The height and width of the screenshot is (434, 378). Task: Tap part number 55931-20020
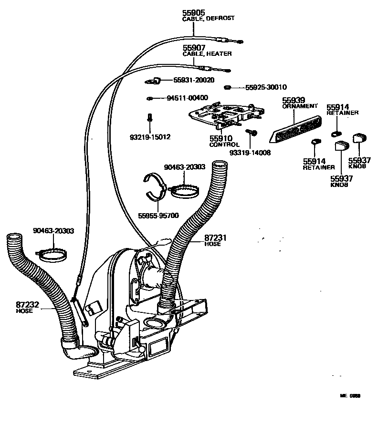[x=193, y=80]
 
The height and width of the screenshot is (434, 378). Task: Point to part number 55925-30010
[x=266, y=87]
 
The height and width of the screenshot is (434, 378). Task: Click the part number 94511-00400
[x=187, y=98]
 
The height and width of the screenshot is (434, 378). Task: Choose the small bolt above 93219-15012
[x=149, y=117]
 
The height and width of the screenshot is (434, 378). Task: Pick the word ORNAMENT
[x=299, y=106]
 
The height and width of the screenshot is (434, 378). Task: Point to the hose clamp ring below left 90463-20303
[x=52, y=254]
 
